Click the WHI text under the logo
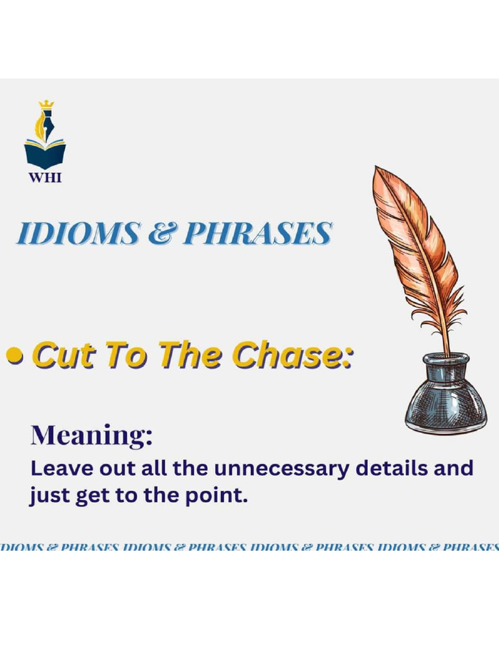[x=45, y=177]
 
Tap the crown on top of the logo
[x=45, y=104]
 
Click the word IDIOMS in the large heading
[x=77, y=234]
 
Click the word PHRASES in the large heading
[x=257, y=234]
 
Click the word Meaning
[x=91, y=435]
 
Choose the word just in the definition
[x=47, y=497]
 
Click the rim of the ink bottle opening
[x=446, y=358]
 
